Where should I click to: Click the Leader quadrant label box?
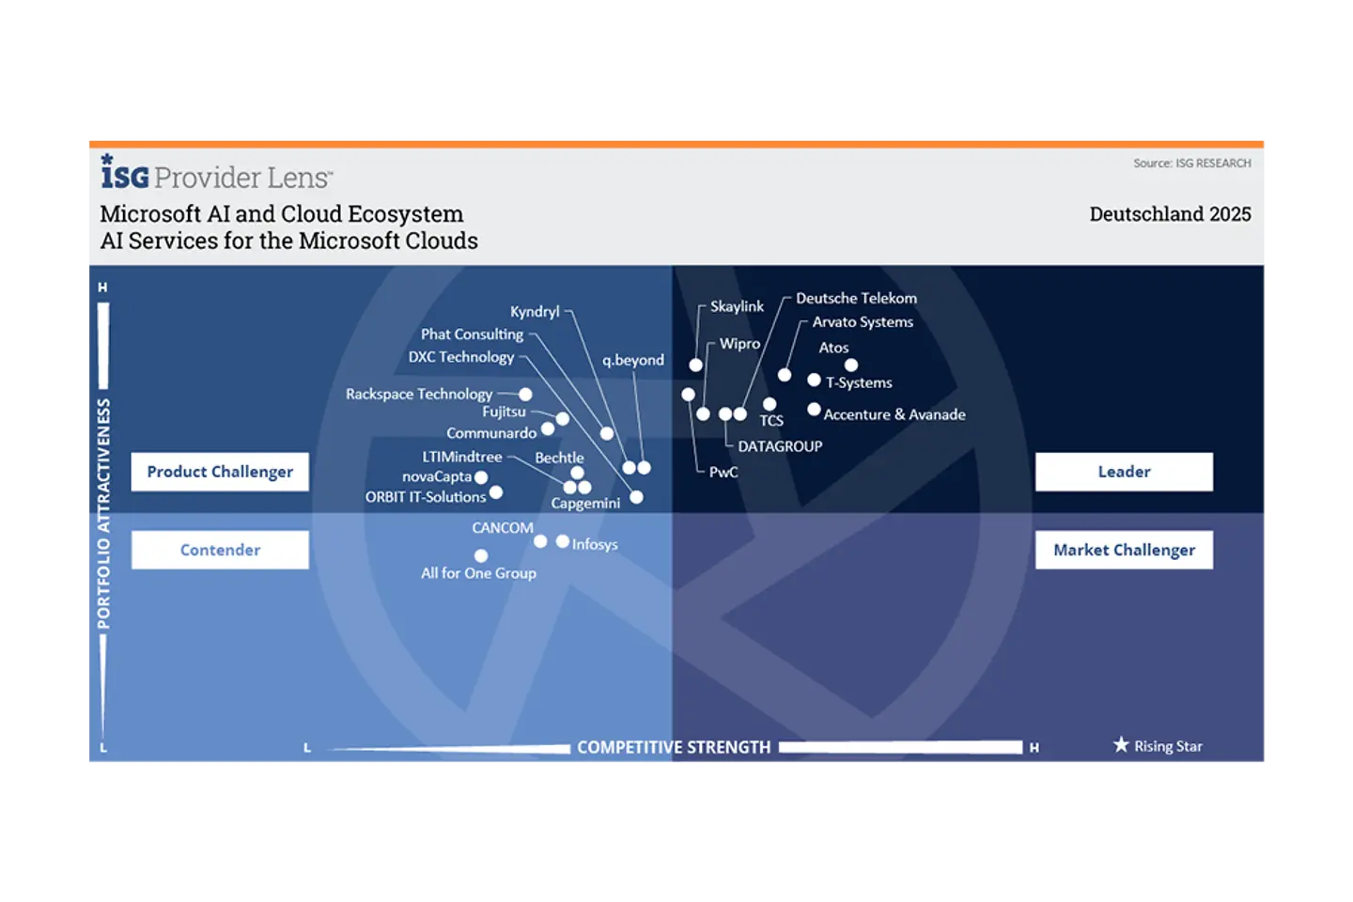point(1124,472)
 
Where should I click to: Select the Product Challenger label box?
point(220,472)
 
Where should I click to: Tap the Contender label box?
point(220,550)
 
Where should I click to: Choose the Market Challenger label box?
point(1124,550)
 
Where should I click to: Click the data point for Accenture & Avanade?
point(814,410)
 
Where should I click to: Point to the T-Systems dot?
point(814,380)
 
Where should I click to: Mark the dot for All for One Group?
point(481,555)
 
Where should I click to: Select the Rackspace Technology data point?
point(525,395)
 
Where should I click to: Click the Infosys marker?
point(562,541)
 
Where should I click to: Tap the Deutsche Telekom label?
point(856,298)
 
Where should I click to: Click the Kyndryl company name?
point(535,311)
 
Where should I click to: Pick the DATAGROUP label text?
point(780,446)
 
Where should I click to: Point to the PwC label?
point(723,472)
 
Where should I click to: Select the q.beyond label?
point(633,360)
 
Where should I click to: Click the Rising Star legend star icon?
point(1121,745)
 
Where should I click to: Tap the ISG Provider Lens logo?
point(216,175)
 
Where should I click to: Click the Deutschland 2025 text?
point(1170,214)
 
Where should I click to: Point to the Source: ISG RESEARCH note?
point(1191,163)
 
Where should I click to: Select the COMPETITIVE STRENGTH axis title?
point(674,747)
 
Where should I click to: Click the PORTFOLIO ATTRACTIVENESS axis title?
point(103,513)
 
